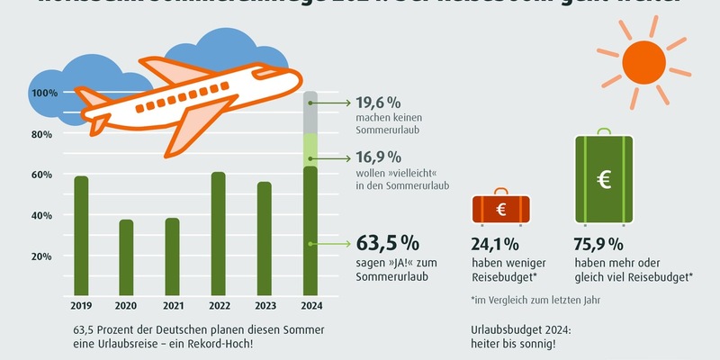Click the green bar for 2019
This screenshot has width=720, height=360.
point(81,235)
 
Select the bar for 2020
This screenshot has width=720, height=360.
point(126,256)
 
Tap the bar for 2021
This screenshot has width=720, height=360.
point(171,256)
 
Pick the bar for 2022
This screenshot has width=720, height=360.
point(218,233)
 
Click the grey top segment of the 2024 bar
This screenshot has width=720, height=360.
point(310,112)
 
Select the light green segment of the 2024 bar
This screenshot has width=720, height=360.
point(310,149)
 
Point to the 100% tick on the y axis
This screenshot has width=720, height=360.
point(45,93)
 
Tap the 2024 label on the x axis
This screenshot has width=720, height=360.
point(310,304)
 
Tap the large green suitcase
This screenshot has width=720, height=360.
point(604,180)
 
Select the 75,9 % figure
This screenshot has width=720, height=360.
point(598,243)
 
